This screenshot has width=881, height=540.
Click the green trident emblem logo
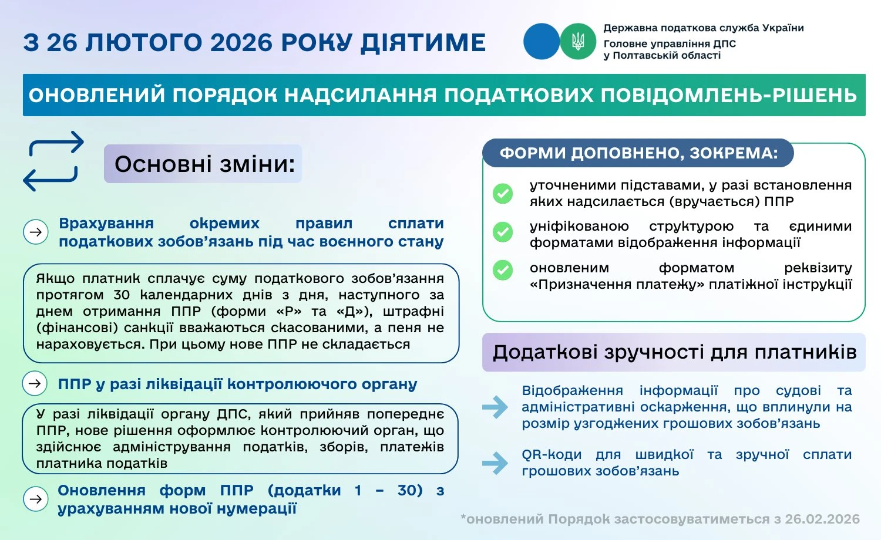coord(578,41)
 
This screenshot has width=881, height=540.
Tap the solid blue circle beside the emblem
coord(541,41)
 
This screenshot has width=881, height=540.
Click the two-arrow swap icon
coord(53,161)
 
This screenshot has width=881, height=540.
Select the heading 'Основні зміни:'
coord(203,164)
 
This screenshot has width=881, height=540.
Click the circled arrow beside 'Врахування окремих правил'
coord(35,232)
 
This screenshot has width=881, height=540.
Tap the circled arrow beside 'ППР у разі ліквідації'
coord(35,383)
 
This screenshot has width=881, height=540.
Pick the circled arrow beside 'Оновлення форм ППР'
coord(35,499)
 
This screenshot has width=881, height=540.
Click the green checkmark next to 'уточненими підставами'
coord(502,194)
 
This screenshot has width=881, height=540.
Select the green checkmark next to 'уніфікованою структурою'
coord(502,232)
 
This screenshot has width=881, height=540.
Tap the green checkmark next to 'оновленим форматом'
coord(502,270)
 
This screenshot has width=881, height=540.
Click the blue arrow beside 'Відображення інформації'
coord(495,407)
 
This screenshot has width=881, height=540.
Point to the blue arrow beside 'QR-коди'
coord(495,463)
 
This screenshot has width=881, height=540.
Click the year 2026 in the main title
coord(241,43)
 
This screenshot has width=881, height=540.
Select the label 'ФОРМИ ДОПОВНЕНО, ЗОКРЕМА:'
coord(638,153)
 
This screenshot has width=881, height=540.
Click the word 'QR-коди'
coord(552,455)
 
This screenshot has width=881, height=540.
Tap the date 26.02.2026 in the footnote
coord(822,519)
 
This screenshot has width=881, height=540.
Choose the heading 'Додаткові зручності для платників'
coord(674,352)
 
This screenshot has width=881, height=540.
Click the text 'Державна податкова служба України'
coord(704,28)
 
